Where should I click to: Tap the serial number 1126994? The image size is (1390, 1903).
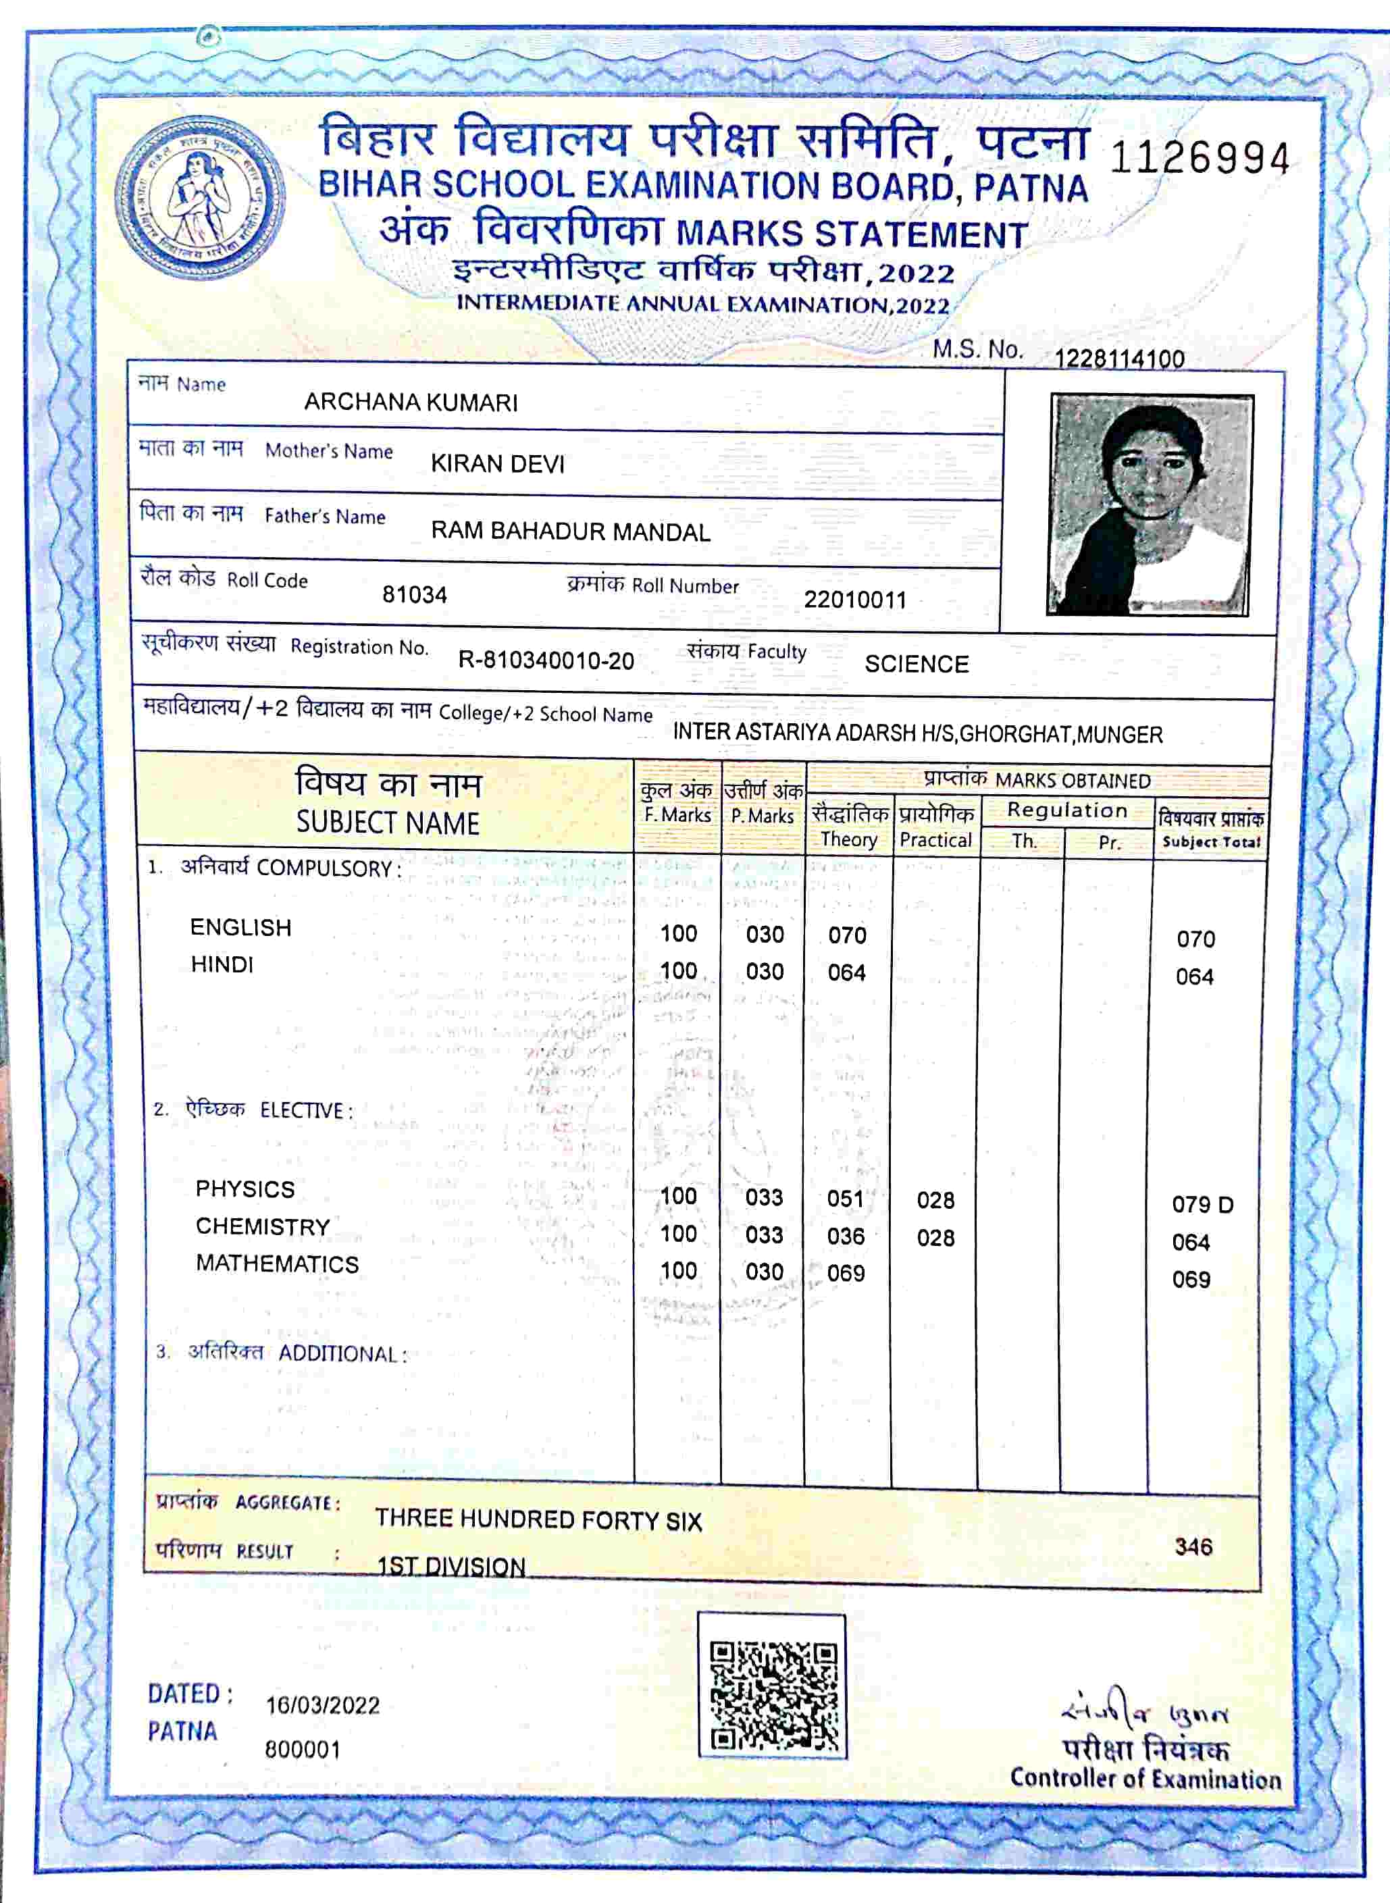[x=1199, y=158]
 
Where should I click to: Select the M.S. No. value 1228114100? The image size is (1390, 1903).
[x=1119, y=359]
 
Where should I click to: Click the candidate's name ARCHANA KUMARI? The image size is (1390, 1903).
[x=411, y=402]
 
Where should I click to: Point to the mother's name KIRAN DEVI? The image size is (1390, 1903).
[x=497, y=463]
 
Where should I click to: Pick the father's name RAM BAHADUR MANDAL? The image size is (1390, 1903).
[x=571, y=531]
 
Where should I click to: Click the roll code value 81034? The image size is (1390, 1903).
[x=414, y=595]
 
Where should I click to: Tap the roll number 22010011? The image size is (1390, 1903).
[x=855, y=600]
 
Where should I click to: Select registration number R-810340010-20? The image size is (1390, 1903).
[x=545, y=660]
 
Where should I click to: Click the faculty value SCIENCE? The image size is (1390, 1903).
[x=917, y=664]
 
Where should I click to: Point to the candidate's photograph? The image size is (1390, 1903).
[x=1150, y=504]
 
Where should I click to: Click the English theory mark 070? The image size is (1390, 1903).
[x=846, y=935]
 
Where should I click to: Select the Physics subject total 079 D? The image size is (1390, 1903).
[x=1202, y=1205]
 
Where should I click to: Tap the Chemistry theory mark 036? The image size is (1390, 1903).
[x=846, y=1236]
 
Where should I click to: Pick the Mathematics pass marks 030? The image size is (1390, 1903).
[x=764, y=1272]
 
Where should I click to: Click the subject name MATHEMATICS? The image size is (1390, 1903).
[x=277, y=1263]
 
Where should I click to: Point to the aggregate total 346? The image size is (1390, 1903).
[x=1193, y=1546]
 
